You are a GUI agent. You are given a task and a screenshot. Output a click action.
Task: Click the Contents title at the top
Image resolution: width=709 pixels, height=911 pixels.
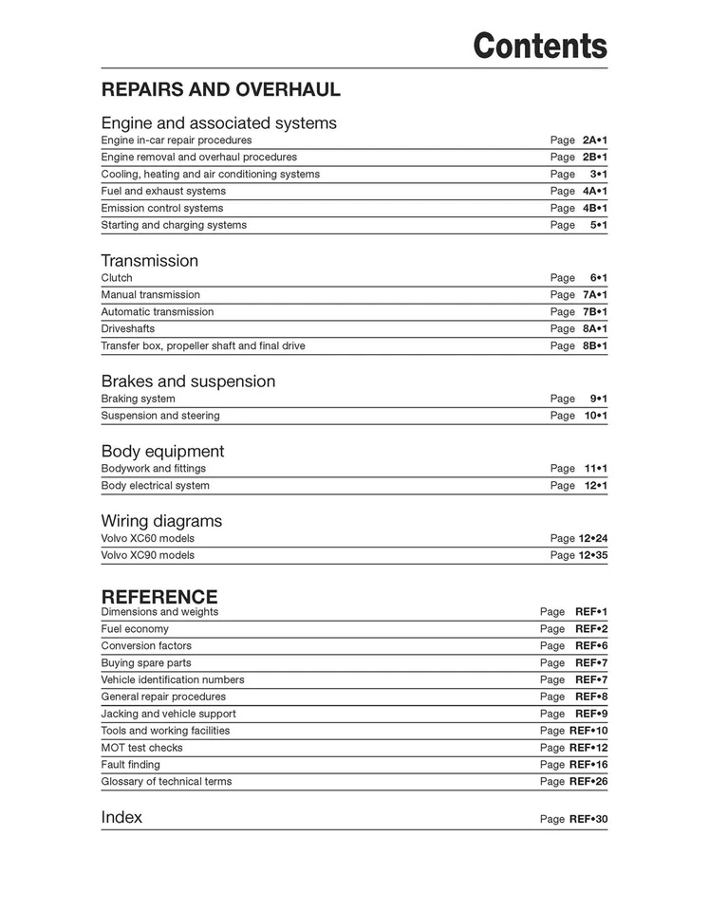tap(540, 45)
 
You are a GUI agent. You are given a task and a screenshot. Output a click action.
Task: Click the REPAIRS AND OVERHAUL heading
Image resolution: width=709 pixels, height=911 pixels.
tap(220, 90)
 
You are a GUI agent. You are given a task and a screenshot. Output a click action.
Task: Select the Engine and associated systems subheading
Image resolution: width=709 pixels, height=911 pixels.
tap(218, 123)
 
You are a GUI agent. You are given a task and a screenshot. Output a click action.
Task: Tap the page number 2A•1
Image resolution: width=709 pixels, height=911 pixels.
tap(594, 140)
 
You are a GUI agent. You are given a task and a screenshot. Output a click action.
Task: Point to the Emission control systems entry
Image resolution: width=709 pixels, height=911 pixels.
tap(162, 209)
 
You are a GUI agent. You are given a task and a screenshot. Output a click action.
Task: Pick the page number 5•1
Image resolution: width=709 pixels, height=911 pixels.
tap(598, 226)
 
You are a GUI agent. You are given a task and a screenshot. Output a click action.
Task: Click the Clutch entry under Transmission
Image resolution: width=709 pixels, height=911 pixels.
tap(117, 278)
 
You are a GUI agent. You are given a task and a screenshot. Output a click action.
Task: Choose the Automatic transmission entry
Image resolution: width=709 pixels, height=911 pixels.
tap(158, 312)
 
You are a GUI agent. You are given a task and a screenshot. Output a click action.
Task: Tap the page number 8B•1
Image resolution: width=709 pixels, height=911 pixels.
tap(594, 346)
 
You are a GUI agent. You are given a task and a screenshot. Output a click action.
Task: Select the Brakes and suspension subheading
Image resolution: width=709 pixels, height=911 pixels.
tap(188, 381)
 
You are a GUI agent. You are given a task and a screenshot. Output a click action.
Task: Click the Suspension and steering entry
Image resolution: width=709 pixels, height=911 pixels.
tap(160, 416)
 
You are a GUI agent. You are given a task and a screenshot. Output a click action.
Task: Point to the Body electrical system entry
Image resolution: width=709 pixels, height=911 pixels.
tap(156, 486)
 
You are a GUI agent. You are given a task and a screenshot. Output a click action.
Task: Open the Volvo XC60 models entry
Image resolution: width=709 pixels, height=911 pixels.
tap(147, 539)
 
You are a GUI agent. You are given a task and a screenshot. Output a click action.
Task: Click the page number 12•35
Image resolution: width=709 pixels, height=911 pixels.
tap(592, 556)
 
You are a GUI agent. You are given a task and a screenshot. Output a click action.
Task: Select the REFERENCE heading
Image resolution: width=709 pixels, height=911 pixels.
tap(159, 597)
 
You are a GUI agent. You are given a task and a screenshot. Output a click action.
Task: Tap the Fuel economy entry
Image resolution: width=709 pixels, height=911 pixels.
tap(135, 629)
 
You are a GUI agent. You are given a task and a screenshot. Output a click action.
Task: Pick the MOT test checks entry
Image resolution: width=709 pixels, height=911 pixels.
tap(142, 748)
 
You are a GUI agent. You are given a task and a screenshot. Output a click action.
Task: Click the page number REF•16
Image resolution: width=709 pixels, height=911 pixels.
tap(588, 765)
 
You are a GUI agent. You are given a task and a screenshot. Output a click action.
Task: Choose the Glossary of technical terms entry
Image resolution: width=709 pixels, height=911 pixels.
tap(166, 782)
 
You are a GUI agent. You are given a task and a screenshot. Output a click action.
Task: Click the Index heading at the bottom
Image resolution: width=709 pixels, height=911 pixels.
tap(121, 817)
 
